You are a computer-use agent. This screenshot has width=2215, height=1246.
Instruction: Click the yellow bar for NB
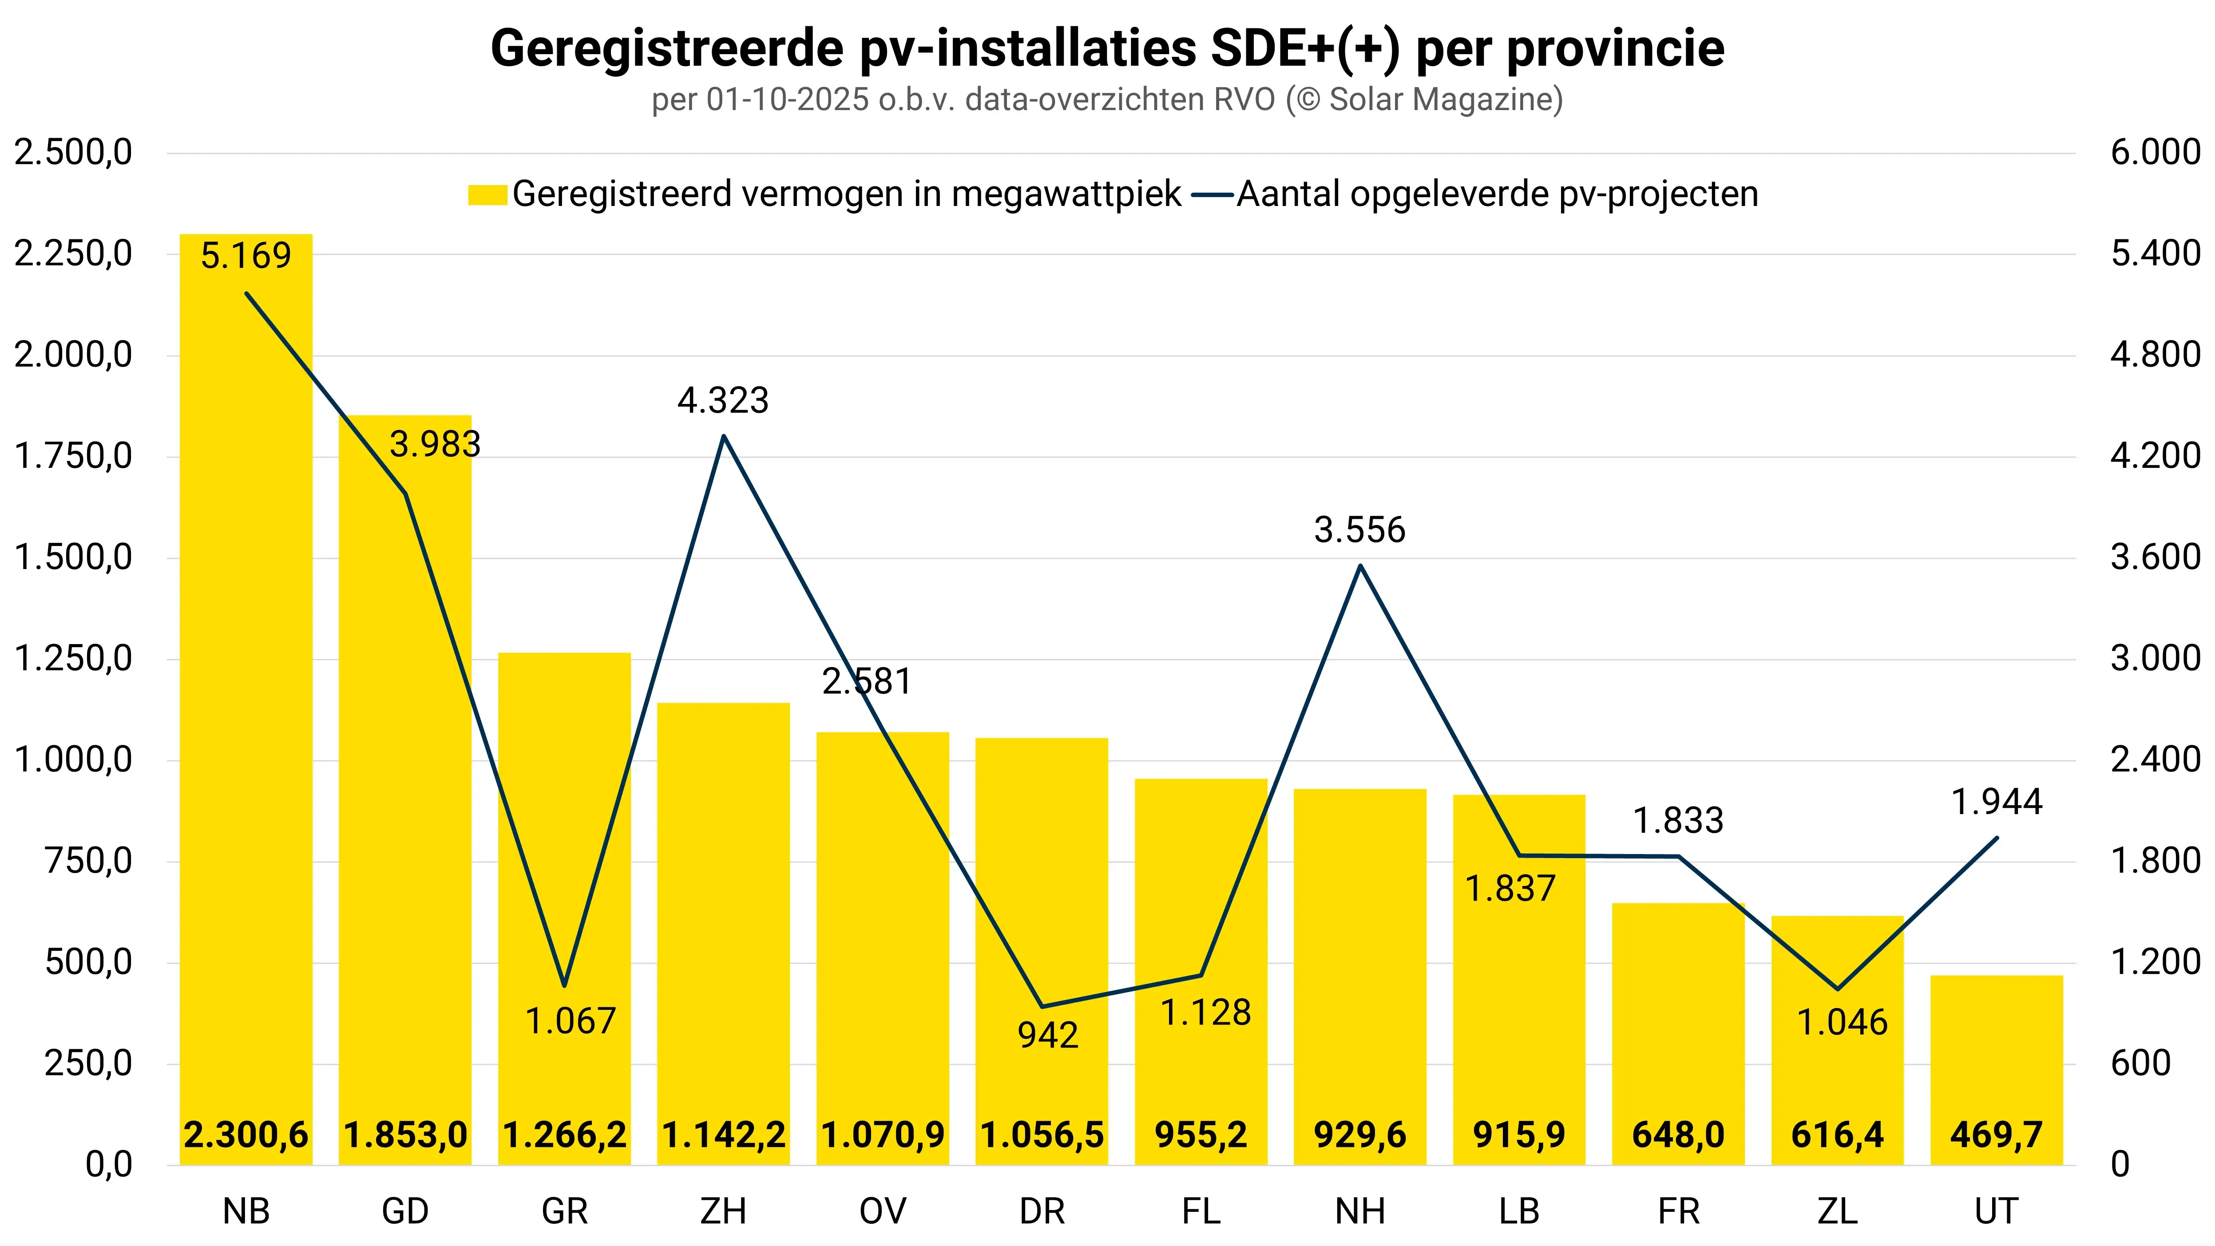[246, 688]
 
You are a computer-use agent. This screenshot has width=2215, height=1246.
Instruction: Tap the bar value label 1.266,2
[564, 1135]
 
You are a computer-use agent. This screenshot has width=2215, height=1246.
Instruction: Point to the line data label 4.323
[723, 401]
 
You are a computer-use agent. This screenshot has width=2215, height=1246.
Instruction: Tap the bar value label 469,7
[1996, 1135]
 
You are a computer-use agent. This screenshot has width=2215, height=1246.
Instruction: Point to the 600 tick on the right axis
[2140, 1064]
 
